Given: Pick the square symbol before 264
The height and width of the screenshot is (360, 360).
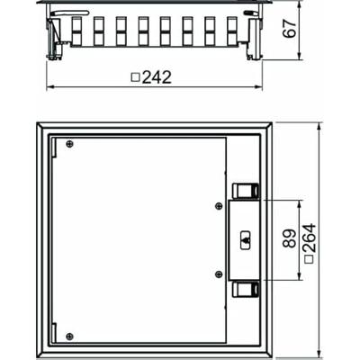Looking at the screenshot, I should pyautogui.click(x=308, y=260).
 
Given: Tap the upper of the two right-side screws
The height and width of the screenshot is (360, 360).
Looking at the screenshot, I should pyautogui.click(x=219, y=207).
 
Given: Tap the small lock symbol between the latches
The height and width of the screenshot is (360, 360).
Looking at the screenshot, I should pyautogui.click(x=246, y=240).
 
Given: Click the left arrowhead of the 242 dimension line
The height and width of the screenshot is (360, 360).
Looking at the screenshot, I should pyautogui.click(x=49, y=87).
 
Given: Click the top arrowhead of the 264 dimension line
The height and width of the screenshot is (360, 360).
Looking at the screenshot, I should pyautogui.click(x=318, y=123).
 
